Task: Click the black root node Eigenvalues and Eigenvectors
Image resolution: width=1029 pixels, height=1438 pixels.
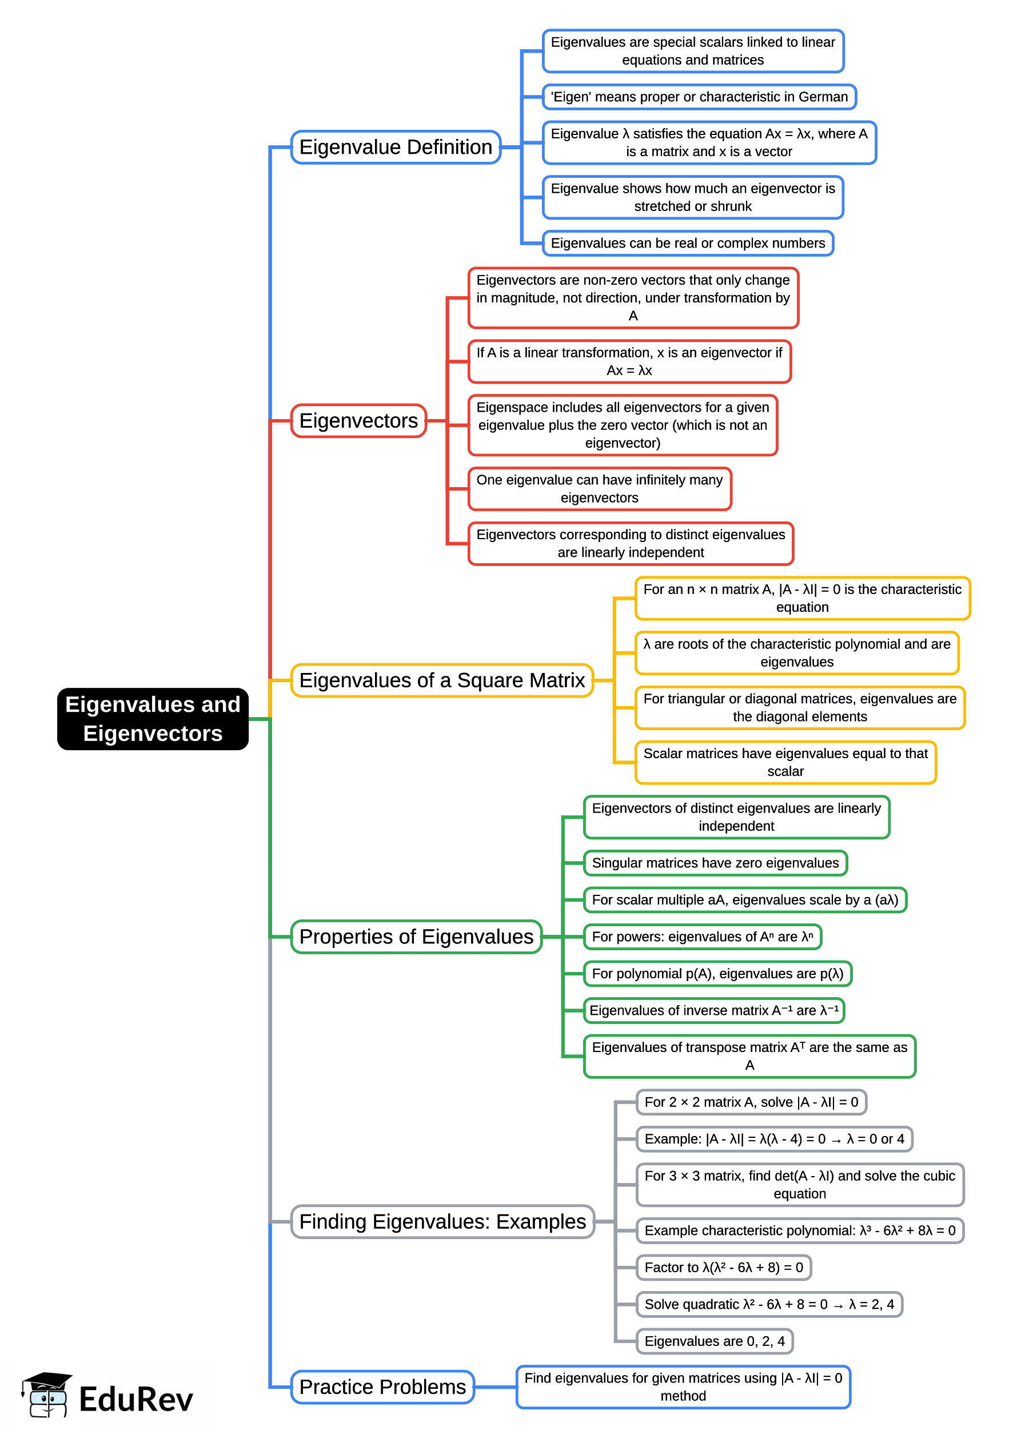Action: coord(153,719)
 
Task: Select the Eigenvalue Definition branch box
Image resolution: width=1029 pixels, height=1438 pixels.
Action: coord(396,147)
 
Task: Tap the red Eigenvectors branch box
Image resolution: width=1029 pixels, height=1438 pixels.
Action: coord(358,421)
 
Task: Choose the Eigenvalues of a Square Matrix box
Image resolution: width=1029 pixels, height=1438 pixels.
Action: coord(442,680)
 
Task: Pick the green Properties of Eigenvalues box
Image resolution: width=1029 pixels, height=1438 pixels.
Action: coord(416,937)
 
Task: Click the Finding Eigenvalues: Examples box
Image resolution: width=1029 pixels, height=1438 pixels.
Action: coord(442,1221)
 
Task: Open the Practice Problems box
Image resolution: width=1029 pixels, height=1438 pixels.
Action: coord(382,1387)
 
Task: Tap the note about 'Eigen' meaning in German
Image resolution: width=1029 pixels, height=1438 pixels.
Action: coord(699,97)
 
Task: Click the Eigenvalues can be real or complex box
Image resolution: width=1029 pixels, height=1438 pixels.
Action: coord(688,244)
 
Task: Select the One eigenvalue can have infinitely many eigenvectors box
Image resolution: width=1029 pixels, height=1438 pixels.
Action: coord(600,489)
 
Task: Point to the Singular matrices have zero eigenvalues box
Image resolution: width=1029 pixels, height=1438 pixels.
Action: coord(715,863)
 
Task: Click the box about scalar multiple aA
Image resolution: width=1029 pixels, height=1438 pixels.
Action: coord(744,900)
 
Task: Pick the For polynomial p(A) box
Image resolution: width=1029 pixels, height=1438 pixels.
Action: coord(717,974)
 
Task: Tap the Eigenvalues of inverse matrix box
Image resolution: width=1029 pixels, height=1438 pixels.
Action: coord(713,1010)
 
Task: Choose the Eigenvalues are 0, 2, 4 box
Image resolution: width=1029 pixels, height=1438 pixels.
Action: coord(714,1341)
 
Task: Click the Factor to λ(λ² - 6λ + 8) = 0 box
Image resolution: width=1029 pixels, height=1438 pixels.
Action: coord(724,1268)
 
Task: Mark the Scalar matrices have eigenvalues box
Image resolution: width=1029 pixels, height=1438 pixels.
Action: coord(785,762)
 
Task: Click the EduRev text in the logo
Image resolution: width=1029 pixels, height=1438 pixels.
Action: coord(135,1399)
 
